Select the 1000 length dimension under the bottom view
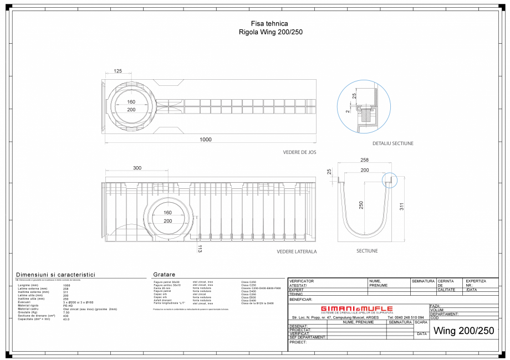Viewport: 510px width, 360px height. tap(206, 140)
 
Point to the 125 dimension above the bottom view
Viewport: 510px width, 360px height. tap(118, 71)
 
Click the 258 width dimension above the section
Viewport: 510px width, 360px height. tap(365, 160)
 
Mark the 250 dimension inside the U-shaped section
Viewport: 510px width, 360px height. tap(361, 204)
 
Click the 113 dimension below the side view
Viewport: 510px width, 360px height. tap(200, 249)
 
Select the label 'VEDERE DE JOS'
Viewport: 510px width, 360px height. tap(299, 152)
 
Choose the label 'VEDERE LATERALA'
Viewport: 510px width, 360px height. tap(297, 251)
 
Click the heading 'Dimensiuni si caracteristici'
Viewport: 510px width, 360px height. tap(55, 275)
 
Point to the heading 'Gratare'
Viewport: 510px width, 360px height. tap(164, 275)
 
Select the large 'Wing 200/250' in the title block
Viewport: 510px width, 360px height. tap(463, 331)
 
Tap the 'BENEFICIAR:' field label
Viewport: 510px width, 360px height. tap(301, 299)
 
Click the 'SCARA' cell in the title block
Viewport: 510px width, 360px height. tap(421, 322)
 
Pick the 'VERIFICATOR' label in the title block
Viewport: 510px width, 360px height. tap(302, 281)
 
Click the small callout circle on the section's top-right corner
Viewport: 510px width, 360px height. tap(389, 179)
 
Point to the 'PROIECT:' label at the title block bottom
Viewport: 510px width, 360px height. tap(298, 342)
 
